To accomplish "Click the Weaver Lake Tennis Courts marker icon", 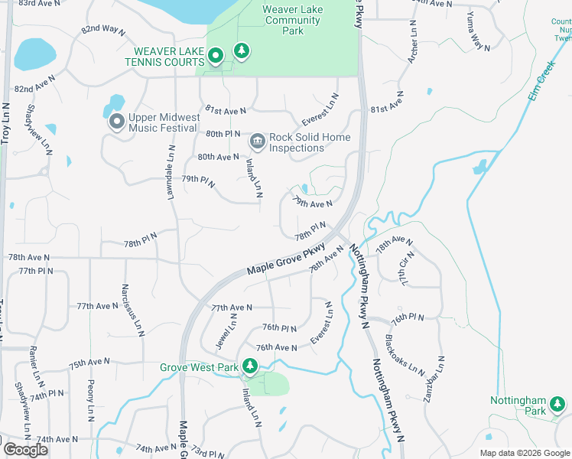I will click(x=216, y=54).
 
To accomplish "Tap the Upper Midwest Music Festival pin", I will click(x=117, y=121).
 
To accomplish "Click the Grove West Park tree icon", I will click(x=249, y=366).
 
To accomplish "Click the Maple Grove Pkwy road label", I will click(x=286, y=260).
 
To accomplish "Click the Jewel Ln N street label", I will click(x=223, y=334).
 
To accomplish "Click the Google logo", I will click(x=25, y=450).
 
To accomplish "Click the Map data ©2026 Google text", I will click(x=525, y=453).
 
